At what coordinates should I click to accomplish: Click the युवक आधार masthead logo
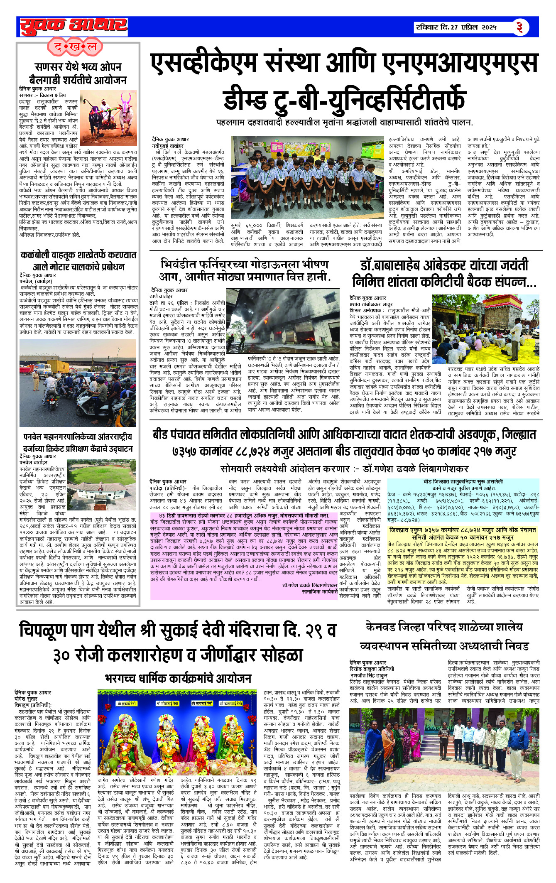point(73,26)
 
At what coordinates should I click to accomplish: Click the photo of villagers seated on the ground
point(486,329)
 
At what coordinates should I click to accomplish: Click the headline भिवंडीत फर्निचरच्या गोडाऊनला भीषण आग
point(244,270)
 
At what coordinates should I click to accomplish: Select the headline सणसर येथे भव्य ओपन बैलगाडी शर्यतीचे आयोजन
point(78,74)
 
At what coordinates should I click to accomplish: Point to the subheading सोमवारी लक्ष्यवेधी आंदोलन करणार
point(344,469)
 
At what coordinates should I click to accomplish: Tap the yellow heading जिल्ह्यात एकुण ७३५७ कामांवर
point(463,533)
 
